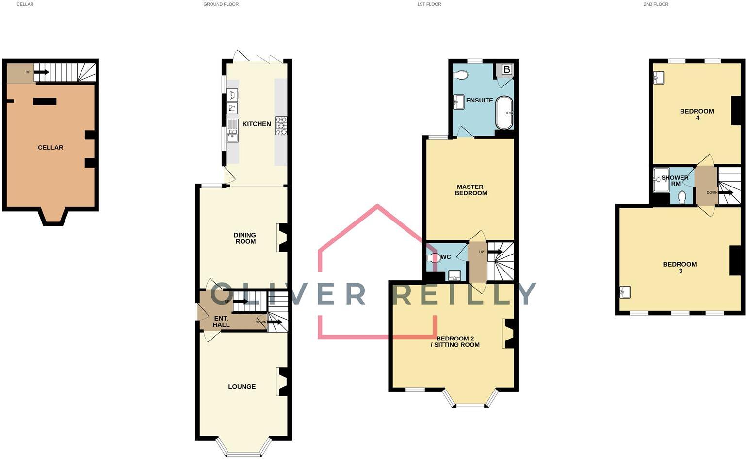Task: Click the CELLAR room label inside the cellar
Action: (50, 147)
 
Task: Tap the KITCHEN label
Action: (257, 124)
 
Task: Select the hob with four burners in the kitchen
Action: (281, 125)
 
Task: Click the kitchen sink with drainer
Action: (233, 130)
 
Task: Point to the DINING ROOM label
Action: (245, 238)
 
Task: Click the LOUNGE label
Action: (242, 387)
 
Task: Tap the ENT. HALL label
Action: (221, 322)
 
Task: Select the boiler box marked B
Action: (506, 69)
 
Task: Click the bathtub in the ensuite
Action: (504, 113)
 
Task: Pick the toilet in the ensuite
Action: (461, 75)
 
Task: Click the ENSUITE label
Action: (479, 100)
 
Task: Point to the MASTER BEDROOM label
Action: (470, 190)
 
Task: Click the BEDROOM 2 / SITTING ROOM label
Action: (457, 341)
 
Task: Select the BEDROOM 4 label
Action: (697, 114)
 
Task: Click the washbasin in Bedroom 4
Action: (659, 78)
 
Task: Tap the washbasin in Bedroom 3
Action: (624, 292)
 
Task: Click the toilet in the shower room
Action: (682, 197)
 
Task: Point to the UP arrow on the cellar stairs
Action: (41, 72)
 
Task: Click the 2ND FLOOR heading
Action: (656, 4)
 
